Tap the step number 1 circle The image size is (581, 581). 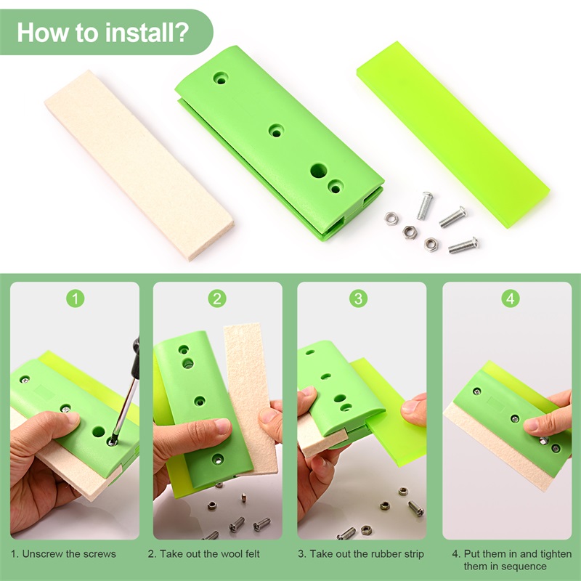point(76,298)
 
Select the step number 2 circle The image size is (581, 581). point(217,298)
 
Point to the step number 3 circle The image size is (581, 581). point(361,298)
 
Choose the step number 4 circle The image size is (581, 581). point(511,298)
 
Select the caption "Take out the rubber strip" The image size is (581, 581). point(361,554)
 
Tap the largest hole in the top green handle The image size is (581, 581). point(318,171)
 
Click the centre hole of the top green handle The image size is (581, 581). point(276,131)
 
